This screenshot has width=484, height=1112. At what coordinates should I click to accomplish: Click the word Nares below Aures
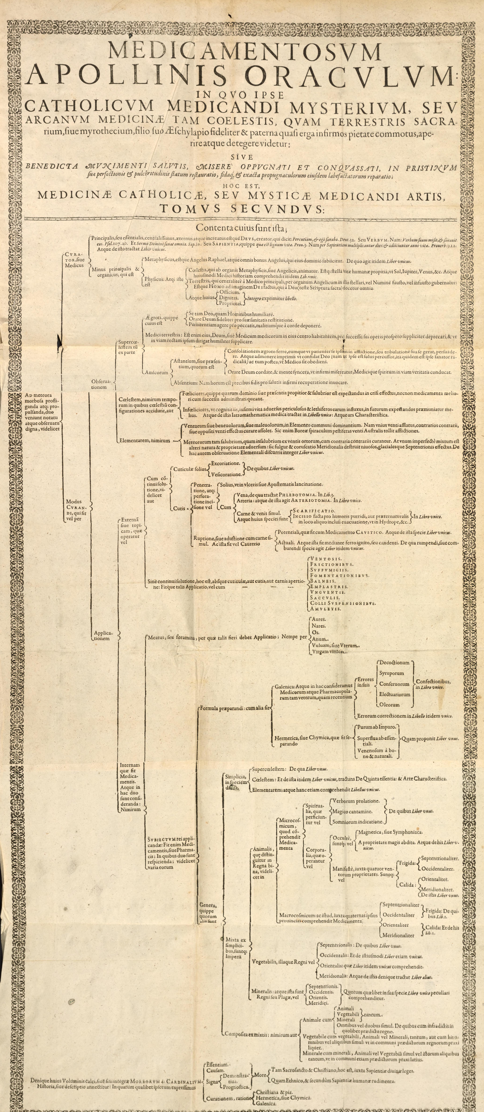[x=319, y=626]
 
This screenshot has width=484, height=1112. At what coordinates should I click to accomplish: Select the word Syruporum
[x=391, y=673]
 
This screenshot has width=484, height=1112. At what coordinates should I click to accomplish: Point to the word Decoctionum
[x=394, y=662]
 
